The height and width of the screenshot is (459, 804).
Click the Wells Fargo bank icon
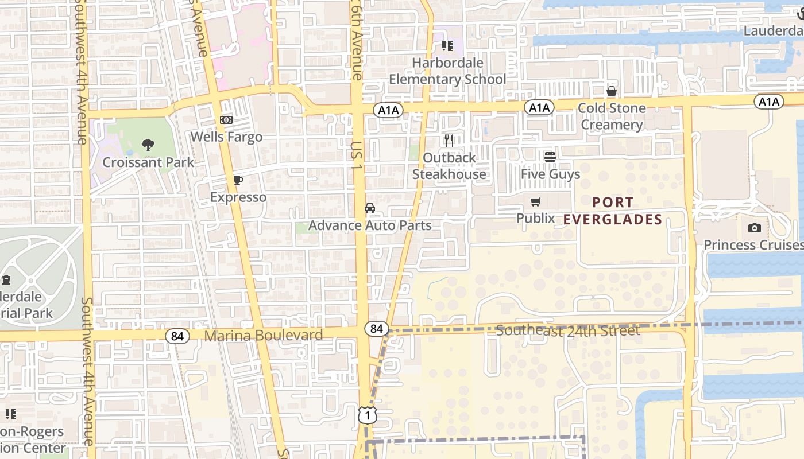pos(226,120)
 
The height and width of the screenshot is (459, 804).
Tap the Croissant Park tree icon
pos(148,145)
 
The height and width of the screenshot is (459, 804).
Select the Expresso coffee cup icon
pos(238,181)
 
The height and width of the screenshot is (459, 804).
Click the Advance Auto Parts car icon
pos(370,208)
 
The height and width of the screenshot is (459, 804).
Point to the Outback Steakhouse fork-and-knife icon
pos(449,140)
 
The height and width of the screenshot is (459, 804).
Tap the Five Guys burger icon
pos(550,156)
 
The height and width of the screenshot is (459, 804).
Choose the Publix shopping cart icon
pos(536,201)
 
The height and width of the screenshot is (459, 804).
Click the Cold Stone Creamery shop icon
pos(612,91)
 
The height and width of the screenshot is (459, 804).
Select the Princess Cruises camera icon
pos(755,228)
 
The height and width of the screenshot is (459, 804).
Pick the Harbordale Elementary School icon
pos(447,46)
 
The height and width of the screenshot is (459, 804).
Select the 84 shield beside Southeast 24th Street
pos(376,329)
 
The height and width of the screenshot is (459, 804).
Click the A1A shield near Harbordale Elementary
pos(388,110)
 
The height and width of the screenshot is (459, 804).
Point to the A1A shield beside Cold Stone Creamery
pos(539,107)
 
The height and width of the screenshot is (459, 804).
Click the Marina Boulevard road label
pos(264,336)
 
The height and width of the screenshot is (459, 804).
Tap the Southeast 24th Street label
pos(567,331)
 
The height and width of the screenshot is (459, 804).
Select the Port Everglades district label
pos(612,211)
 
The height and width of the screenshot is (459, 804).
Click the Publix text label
pos(536,219)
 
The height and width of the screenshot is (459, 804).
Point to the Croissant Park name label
pos(148,162)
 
